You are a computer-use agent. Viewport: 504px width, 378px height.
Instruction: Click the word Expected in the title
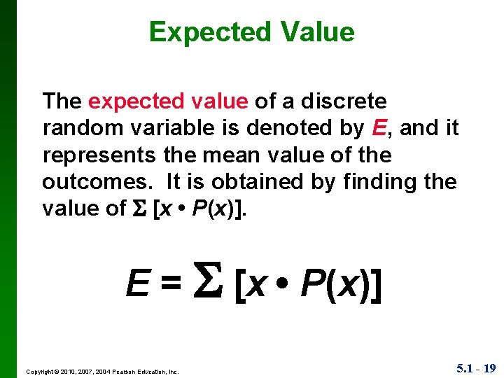point(209,32)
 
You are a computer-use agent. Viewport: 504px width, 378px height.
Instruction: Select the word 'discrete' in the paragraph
point(344,101)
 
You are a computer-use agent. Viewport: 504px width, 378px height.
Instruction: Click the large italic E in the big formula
point(136,284)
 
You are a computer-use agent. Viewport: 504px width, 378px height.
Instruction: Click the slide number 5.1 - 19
point(475,367)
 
